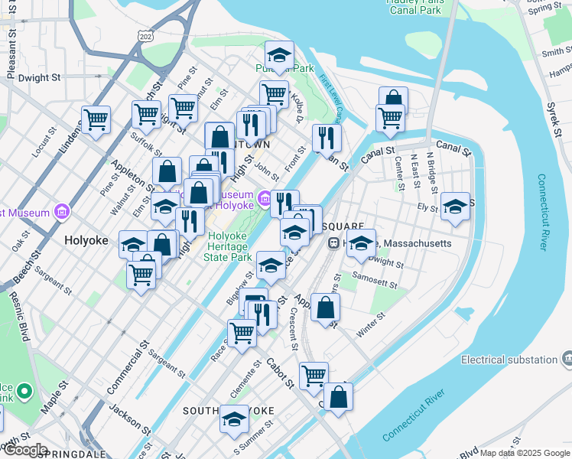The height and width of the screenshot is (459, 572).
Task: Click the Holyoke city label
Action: (x=86, y=239)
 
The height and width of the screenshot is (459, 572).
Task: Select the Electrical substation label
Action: (x=509, y=360)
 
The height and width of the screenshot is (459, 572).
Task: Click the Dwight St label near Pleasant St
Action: (x=39, y=77)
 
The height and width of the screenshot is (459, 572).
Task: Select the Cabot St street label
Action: (x=280, y=373)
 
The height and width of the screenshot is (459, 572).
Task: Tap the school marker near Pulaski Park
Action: (x=280, y=54)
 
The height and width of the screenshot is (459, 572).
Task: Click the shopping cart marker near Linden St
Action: (x=96, y=119)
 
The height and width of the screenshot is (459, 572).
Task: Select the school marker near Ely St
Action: (x=455, y=206)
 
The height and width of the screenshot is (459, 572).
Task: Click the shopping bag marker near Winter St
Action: (x=326, y=308)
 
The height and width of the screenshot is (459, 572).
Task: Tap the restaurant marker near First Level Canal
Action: (x=327, y=138)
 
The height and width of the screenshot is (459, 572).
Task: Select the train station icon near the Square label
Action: (x=334, y=243)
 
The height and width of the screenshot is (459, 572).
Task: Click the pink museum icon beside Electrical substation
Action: (x=567, y=359)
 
